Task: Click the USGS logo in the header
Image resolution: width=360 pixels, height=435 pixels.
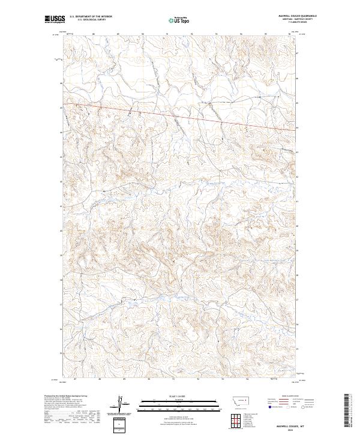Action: [x=55, y=19]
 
